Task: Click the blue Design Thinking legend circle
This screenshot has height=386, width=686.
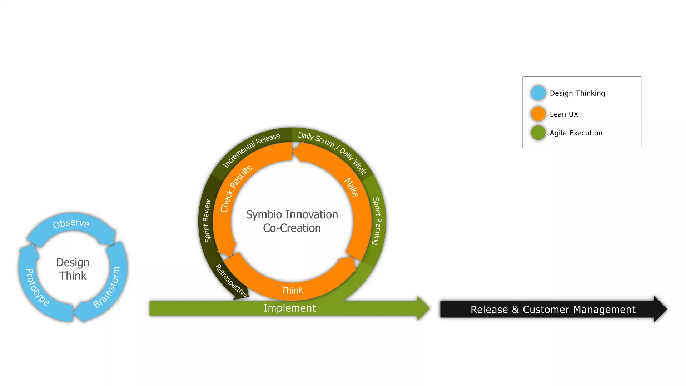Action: pyautogui.click(x=538, y=93)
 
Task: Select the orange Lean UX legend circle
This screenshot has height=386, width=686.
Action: pyautogui.click(x=538, y=114)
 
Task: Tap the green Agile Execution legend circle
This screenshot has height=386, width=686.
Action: pyautogui.click(x=538, y=133)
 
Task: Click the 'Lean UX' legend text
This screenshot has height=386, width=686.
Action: pyautogui.click(x=564, y=114)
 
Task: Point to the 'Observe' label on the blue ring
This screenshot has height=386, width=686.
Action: pyautogui.click(x=71, y=223)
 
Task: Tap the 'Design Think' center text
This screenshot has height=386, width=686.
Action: pyautogui.click(x=73, y=269)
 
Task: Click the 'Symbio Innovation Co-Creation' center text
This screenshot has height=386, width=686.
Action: pyautogui.click(x=292, y=221)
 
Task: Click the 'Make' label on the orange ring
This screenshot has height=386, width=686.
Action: pyautogui.click(x=351, y=187)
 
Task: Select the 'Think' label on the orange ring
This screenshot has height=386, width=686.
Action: pyautogui.click(x=292, y=290)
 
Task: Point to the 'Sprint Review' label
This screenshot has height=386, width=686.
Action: pyautogui.click(x=207, y=221)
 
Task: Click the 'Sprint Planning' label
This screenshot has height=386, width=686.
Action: pyautogui.click(x=377, y=221)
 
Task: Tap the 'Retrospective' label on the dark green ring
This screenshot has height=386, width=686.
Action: pyautogui.click(x=231, y=281)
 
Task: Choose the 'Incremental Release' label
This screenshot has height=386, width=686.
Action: pyautogui.click(x=251, y=150)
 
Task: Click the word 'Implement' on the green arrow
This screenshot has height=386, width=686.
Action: pyautogui.click(x=289, y=308)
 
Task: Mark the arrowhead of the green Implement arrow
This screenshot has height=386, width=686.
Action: pyautogui.click(x=423, y=308)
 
